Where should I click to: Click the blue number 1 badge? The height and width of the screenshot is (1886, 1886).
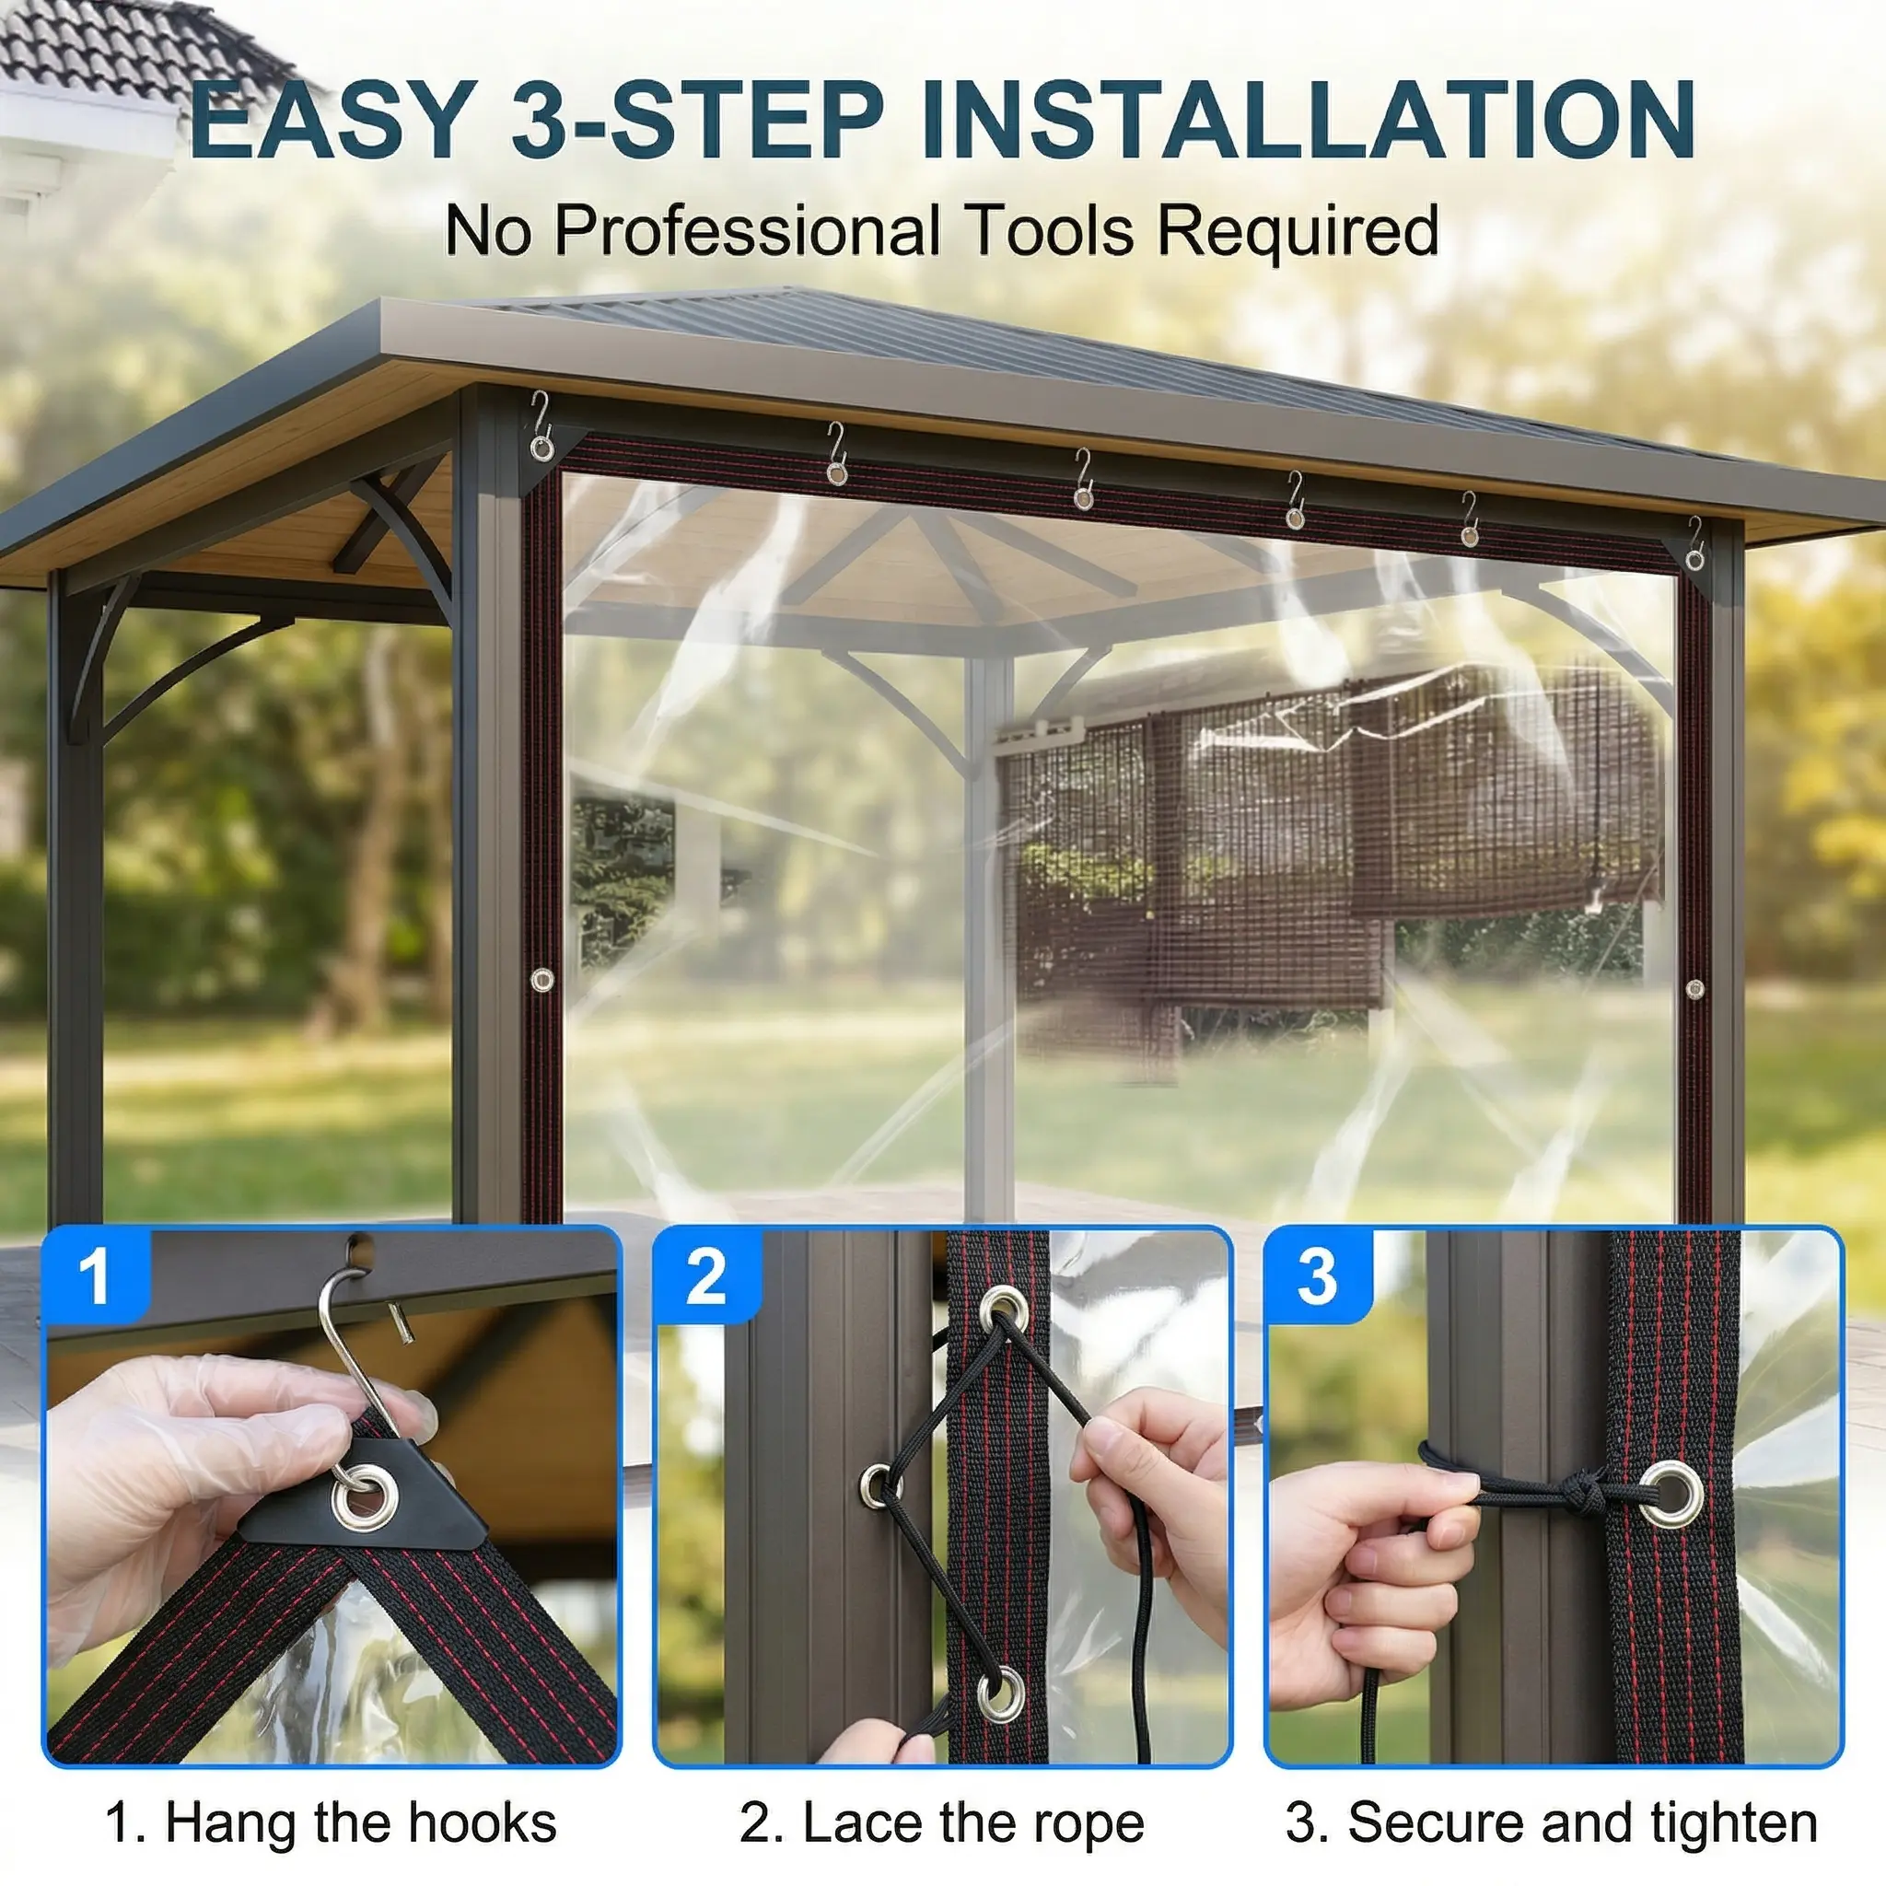coord(96,1275)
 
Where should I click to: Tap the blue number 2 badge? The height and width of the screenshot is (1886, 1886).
coord(705,1275)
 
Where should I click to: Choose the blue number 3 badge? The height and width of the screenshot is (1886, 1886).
coord(1317,1275)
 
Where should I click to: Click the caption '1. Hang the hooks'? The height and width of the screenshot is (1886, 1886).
coord(331,1795)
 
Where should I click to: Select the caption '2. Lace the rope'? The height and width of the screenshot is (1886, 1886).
coord(942,1795)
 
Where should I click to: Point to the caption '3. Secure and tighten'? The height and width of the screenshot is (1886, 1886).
coord(1552,1795)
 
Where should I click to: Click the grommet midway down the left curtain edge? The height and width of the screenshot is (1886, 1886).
coord(541,979)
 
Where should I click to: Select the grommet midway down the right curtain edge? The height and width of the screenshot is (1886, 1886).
coord(1694,989)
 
